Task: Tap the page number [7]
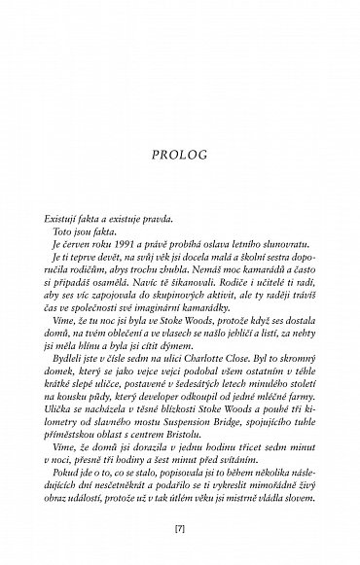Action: pos(180,533)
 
